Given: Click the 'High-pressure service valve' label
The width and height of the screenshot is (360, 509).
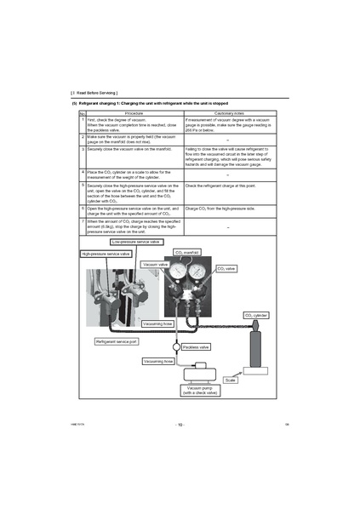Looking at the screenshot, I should click(x=106, y=254).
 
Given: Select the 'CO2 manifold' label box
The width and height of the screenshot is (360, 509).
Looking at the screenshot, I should click(x=186, y=253).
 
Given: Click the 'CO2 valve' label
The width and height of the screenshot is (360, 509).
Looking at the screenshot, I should click(x=227, y=268).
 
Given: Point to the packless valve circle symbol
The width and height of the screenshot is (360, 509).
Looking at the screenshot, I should click(x=175, y=347).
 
